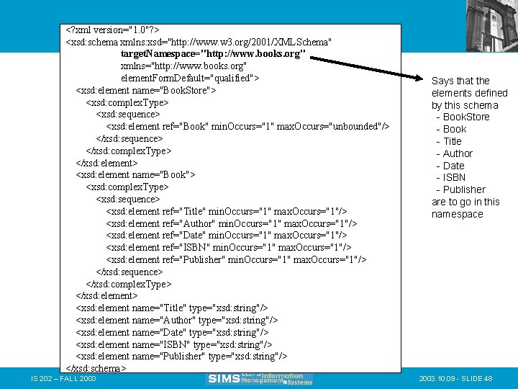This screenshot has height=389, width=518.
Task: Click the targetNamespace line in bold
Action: [x=214, y=54]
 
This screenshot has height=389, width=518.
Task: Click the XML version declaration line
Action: [x=112, y=30]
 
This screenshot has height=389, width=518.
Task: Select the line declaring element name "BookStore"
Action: [x=145, y=90]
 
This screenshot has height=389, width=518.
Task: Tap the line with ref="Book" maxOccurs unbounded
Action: [x=247, y=126]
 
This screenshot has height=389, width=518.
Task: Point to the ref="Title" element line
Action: [x=226, y=211]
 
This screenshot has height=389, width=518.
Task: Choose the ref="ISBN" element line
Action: [x=226, y=247]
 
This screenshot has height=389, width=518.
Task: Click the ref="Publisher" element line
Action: [x=236, y=259]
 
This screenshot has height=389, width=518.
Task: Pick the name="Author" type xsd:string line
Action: [x=176, y=320]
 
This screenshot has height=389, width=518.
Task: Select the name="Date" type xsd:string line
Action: [x=172, y=332]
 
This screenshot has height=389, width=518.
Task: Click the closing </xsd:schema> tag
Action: [x=96, y=368]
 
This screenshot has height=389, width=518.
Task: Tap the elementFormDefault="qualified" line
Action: [x=190, y=78]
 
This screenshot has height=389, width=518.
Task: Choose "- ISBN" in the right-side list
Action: [x=451, y=177]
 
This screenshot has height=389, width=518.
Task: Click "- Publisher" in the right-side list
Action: [x=460, y=189]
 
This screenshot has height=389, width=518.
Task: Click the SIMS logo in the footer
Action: [x=260, y=378]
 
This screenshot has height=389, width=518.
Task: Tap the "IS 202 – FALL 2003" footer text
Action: [x=64, y=378]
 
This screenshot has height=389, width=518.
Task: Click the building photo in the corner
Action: [x=491, y=25]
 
